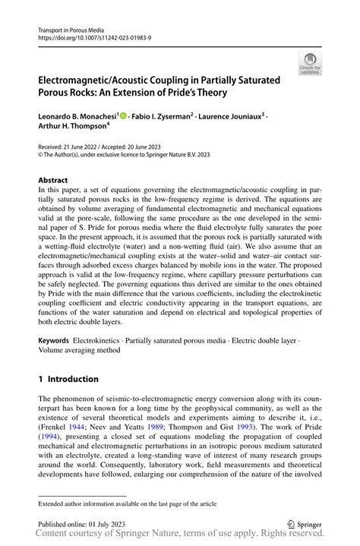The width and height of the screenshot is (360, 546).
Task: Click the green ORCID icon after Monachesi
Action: [123, 116]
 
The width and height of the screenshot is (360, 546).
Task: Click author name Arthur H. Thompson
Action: [72, 128]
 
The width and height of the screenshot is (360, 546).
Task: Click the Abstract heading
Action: [53, 181]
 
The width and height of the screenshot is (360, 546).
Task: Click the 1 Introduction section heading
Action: [68, 379]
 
